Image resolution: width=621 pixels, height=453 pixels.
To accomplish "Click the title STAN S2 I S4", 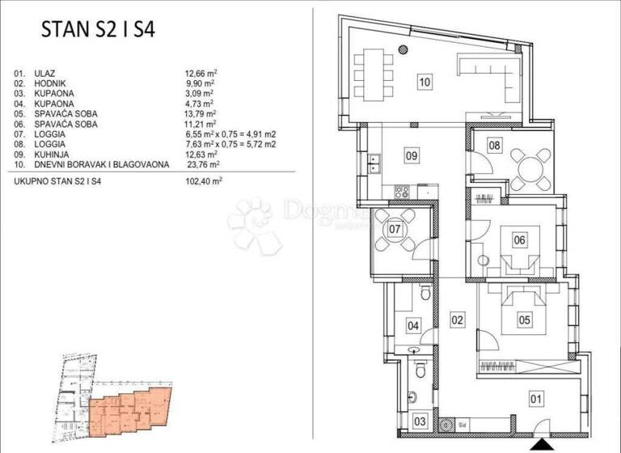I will click(99, 31).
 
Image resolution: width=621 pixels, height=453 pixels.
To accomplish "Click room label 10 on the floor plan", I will click(425, 80).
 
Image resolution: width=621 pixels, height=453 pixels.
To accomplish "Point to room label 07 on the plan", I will click(395, 229).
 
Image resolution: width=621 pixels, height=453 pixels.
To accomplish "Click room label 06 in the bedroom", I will click(520, 239).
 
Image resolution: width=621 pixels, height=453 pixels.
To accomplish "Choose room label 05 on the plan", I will click(524, 320).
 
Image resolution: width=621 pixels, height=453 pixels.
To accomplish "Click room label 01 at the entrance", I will click(536, 397).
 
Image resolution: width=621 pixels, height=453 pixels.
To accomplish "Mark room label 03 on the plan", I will click(420, 421).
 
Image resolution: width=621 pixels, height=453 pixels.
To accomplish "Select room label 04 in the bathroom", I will click(413, 327).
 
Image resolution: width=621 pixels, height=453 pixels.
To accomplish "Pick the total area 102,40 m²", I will click(204, 182).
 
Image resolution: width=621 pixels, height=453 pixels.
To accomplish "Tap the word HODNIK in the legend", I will click(51, 83).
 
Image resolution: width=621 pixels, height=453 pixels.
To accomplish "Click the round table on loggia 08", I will click(530, 168).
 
